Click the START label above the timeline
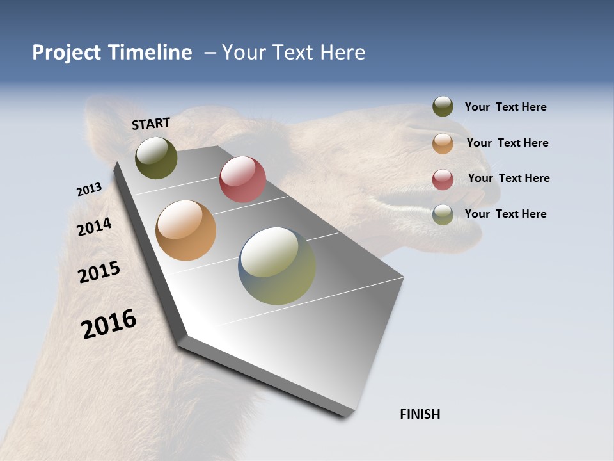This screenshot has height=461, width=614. click(151, 124)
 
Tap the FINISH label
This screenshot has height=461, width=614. click(420, 414)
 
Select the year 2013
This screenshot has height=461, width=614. click(89, 190)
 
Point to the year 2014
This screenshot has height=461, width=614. click(94, 227)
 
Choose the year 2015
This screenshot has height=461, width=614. click(98, 272)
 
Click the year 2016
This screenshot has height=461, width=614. click(109, 324)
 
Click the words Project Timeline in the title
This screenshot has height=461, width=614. click(112, 53)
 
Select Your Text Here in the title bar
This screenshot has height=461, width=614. click(294, 53)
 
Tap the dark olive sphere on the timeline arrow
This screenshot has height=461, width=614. click(156, 158)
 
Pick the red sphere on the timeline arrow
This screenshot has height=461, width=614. click(242, 179)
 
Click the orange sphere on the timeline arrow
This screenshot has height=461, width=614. click(185, 230)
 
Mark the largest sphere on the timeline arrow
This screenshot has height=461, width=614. click(277, 266)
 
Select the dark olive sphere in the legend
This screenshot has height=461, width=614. click(443, 106)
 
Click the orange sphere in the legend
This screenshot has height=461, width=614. click(443, 143)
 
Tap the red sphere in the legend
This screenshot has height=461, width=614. click(443, 179)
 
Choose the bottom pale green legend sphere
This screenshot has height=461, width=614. click(443, 214)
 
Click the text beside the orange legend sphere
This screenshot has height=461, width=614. click(507, 143)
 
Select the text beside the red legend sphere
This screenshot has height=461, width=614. click(508, 178)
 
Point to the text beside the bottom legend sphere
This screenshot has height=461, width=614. click(505, 214)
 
